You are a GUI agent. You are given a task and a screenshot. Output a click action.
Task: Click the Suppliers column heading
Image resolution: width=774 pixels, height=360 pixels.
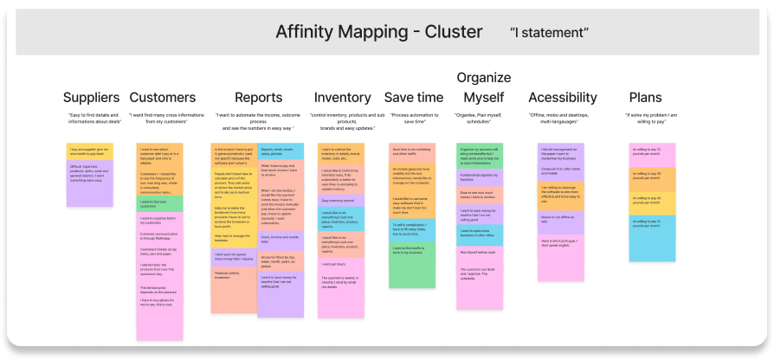[x=90, y=97]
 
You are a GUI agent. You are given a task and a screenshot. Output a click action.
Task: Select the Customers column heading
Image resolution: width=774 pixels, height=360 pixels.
[x=163, y=97]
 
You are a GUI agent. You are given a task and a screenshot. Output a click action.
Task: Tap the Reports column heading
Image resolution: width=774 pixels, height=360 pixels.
[x=257, y=97]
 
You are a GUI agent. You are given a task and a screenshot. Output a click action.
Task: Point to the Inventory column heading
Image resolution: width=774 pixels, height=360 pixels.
[x=342, y=97]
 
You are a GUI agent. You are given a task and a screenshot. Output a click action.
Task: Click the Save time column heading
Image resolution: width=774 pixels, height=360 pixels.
[x=413, y=97]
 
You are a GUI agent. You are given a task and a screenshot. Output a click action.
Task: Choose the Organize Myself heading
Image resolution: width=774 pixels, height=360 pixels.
[x=483, y=87]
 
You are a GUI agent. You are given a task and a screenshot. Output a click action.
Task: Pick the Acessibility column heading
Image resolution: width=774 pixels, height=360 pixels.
[x=563, y=97]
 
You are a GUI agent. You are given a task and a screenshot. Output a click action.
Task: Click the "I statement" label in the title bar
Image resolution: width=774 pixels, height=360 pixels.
[x=550, y=32]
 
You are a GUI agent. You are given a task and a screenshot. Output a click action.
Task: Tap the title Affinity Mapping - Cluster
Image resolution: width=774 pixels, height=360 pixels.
[x=378, y=32]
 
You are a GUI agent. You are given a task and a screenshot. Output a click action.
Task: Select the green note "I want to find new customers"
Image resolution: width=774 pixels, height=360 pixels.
[x=160, y=202]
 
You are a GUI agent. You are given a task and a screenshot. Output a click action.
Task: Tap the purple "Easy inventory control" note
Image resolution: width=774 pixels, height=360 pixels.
[x=342, y=200]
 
